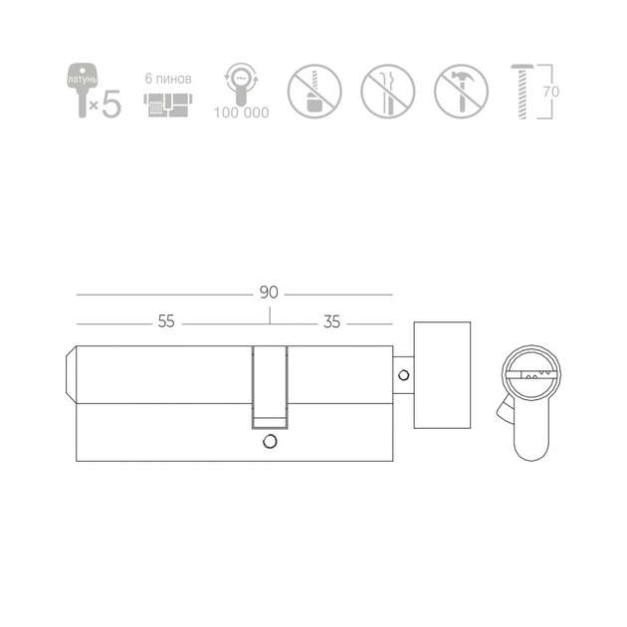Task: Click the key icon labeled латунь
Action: [82, 90]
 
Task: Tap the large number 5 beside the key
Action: [111, 104]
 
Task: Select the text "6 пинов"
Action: [168, 79]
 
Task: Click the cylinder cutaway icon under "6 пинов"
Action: [168, 105]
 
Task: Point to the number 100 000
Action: [241, 112]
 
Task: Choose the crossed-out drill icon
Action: [314, 92]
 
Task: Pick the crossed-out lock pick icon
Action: [388, 92]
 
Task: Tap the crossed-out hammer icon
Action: [461, 92]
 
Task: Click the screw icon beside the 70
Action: [522, 92]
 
